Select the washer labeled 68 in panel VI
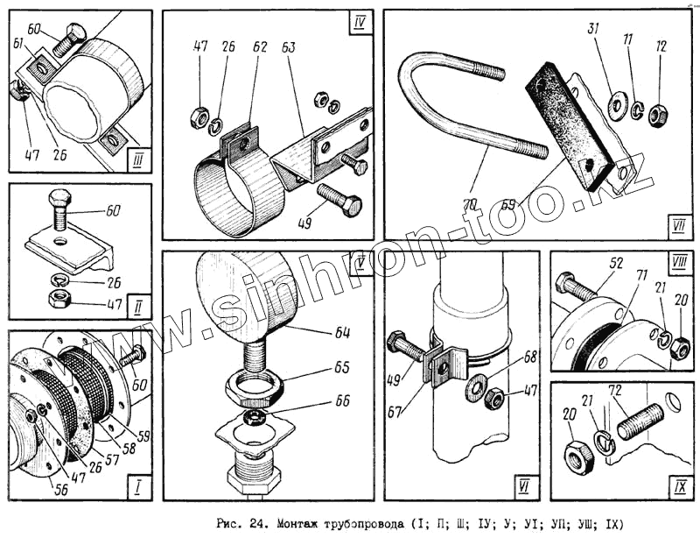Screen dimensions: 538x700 pos(476,385)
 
